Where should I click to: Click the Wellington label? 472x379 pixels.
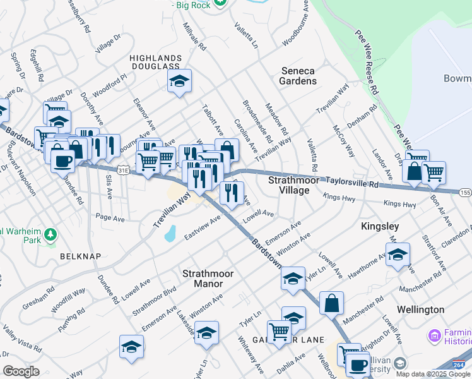421,310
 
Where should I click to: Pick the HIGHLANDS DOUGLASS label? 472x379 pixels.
155,62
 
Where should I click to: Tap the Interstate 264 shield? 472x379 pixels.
461,365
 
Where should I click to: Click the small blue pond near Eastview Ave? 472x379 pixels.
169,234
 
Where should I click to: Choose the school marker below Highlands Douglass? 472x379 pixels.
180,81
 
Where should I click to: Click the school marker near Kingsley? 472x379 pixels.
398,255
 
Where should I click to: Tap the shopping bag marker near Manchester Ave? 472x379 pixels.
331,303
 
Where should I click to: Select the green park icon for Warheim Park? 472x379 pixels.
50,236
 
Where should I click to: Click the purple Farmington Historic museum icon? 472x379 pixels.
434,334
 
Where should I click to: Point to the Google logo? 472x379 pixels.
21,371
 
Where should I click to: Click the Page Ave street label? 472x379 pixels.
110,217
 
